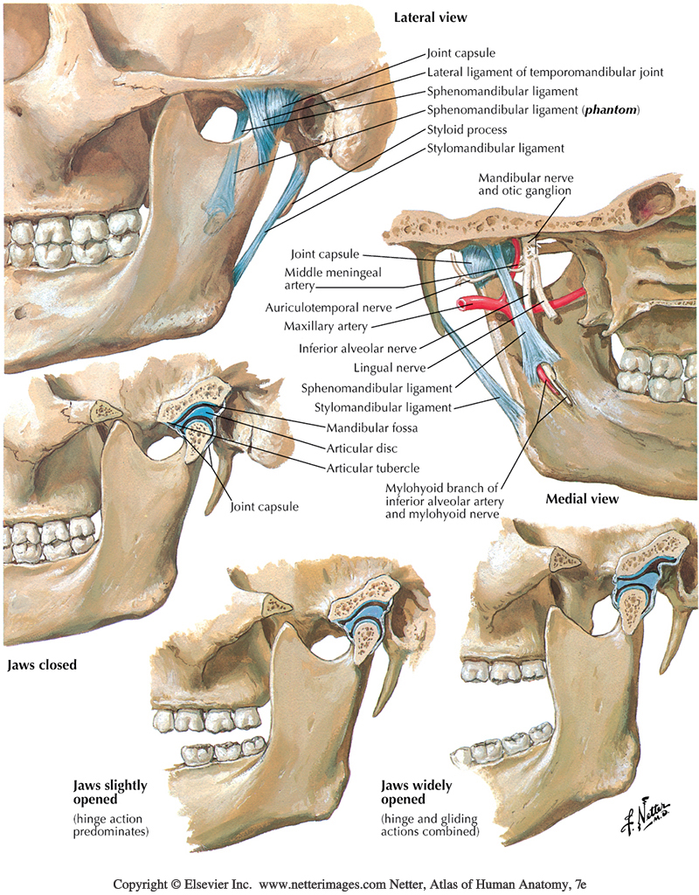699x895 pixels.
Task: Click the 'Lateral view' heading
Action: coord(431,17)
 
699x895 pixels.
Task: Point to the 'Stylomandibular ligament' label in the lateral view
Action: coord(495,148)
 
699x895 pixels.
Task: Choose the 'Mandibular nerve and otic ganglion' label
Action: coord(525,184)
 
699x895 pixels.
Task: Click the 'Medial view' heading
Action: coord(582,499)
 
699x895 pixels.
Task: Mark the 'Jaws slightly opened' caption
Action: coord(110,792)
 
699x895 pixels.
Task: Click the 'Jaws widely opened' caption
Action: coord(416,792)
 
